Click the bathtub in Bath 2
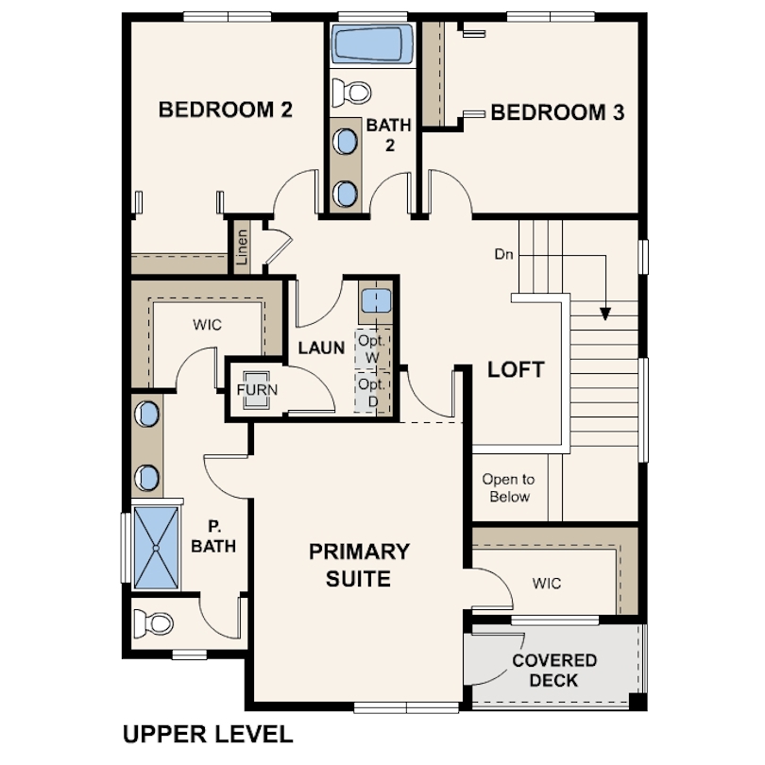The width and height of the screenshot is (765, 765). (x=373, y=44)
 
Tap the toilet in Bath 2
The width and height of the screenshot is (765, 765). (x=351, y=92)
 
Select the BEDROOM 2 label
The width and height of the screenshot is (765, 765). (x=226, y=110)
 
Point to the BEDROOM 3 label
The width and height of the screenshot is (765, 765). (x=557, y=112)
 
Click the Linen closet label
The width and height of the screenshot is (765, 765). (x=242, y=246)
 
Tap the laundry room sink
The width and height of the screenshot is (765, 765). (x=376, y=300)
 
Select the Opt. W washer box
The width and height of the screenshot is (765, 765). (x=372, y=348)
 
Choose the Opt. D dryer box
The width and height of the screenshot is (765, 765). (x=372, y=393)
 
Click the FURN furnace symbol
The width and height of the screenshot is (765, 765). (x=257, y=390)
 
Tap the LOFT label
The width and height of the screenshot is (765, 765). (x=517, y=369)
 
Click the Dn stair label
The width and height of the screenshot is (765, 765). (x=504, y=254)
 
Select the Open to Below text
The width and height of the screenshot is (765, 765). (x=509, y=488)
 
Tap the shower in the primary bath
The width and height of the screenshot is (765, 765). (x=156, y=548)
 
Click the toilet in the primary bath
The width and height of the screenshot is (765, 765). (x=153, y=623)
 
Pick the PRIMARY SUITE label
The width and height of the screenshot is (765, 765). (x=359, y=565)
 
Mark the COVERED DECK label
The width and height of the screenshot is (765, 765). (x=554, y=670)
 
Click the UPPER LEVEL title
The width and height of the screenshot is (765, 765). (x=208, y=734)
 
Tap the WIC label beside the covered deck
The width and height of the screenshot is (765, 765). (x=547, y=583)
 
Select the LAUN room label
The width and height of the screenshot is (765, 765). (x=321, y=348)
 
